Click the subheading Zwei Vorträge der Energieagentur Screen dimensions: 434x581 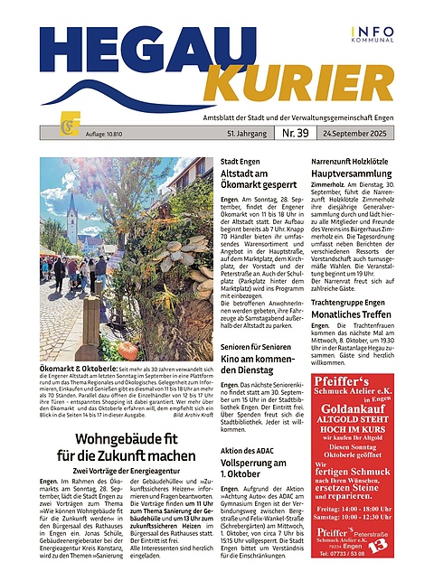pyautogui.click(x=125, y=471)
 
